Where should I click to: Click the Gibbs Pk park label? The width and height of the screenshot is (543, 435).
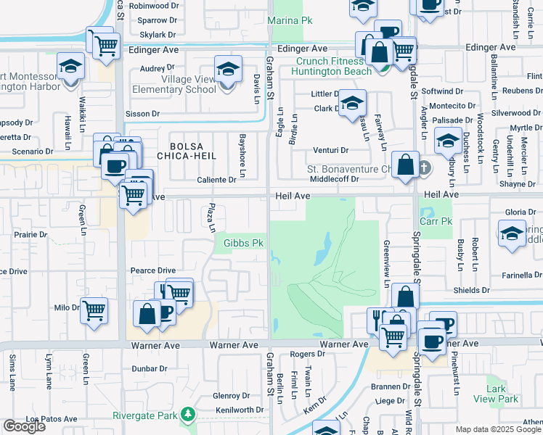click(242, 243)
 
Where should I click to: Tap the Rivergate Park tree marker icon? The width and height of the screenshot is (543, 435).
click(189, 414)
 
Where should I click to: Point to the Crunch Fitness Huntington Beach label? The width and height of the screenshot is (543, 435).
click(332, 66)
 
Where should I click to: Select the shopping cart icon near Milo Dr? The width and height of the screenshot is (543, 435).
click(94, 310)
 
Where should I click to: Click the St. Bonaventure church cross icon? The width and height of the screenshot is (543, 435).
click(425, 169)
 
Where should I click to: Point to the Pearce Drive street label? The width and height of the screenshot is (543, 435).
click(152, 270)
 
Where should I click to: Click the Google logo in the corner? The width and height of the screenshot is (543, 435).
click(24, 426)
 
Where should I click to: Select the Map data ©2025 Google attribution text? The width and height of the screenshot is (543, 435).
click(498, 429)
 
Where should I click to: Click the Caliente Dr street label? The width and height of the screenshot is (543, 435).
click(217, 179)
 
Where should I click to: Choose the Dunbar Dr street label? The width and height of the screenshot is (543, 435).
click(150, 368)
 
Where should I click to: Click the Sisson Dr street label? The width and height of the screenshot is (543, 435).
click(142, 114)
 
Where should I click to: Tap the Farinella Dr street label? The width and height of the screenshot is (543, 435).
click(517, 275)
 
